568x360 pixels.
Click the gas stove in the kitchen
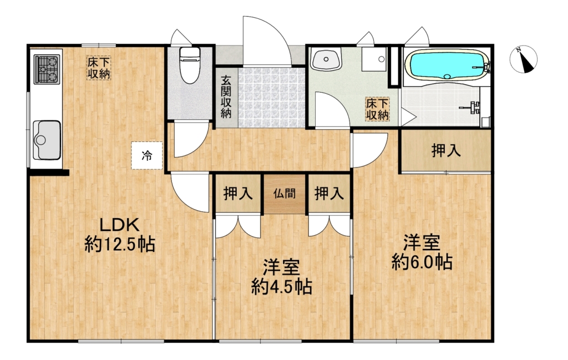pyautogui.click(x=47, y=69)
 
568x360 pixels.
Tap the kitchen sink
pyautogui.click(x=47, y=140)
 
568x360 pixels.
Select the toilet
pyautogui.click(x=190, y=65)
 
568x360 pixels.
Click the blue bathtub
pyautogui.click(x=447, y=64)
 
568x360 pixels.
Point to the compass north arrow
pyautogui.click(x=524, y=60)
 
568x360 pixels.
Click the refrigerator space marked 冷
pyautogui.click(x=146, y=156)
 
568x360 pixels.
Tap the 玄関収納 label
pyautogui.click(x=226, y=97)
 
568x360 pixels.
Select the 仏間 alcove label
pyautogui.click(x=285, y=194)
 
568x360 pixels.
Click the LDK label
pyautogui.click(x=119, y=226)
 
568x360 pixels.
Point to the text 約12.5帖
pyautogui.click(x=120, y=244)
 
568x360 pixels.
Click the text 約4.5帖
pyautogui.click(x=281, y=287)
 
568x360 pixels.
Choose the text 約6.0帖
pyautogui.click(x=422, y=262)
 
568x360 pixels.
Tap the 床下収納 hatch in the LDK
pyautogui.click(x=99, y=68)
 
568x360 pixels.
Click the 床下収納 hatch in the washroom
pyautogui.click(x=377, y=109)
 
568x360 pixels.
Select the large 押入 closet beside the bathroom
pyautogui.click(x=446, y=151)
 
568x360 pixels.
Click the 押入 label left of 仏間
pyautogui.click(x=238, y=194)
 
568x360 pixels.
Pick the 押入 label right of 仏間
pyautogui.click(x=329, y=194)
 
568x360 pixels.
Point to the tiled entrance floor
pyautogui.click(x=271, y=98)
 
